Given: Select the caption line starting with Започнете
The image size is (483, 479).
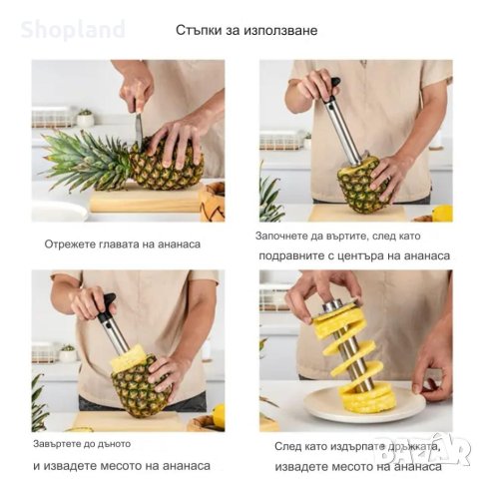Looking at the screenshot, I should coord(349,238).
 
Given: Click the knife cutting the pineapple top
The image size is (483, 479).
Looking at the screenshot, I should coord(138,130).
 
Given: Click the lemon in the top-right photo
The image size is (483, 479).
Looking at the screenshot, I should coord(441,213).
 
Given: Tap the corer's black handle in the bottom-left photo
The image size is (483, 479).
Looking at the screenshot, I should coord(105,303).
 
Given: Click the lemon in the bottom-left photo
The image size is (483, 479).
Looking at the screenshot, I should coord(219,415).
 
